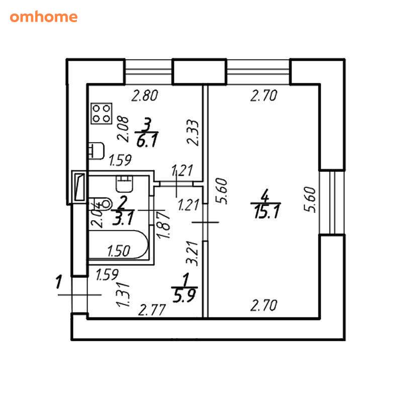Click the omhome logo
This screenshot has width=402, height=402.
click(x=44, y=17)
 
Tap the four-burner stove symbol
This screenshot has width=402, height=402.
click(x=102, y=114)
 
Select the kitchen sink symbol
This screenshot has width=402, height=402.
click(x=96, y=151)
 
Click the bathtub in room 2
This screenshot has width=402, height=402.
click(x=119, y=245)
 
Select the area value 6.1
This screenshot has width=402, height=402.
click(x=147, y=141)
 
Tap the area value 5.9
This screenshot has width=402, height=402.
click(x=184, y=295)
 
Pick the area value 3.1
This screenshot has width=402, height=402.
click(x=123, y=219)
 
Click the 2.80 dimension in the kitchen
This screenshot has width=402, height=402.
click(x=145, y=95)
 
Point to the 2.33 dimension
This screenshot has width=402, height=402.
click(x=193, y=133)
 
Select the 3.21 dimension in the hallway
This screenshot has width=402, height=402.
click(x=192, y=253)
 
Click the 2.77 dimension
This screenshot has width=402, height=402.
click(x=152, y=310)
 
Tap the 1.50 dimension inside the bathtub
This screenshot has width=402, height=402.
click(x=119, y=251)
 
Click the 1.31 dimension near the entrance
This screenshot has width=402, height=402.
click(x=123, y=295)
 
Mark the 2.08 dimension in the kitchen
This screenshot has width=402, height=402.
click(x=123, y=129)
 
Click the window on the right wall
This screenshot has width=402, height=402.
click(x=332, y=203)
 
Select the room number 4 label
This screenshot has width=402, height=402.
click(x=265, y=196)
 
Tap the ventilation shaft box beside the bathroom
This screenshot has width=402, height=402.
click(x=79, y=186)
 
